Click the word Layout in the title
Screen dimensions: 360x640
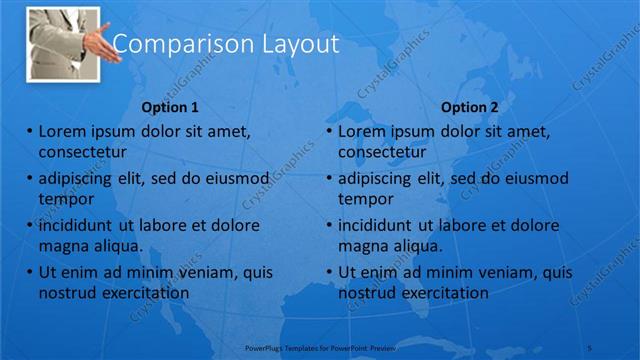point(290,43)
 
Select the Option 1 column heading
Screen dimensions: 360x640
point(170,107)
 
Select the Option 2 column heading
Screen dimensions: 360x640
point(469,107)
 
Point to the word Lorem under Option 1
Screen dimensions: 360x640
point(63,131)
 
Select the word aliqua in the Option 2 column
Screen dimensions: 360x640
point(418,246)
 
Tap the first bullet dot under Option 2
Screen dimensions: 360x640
point(330,131)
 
